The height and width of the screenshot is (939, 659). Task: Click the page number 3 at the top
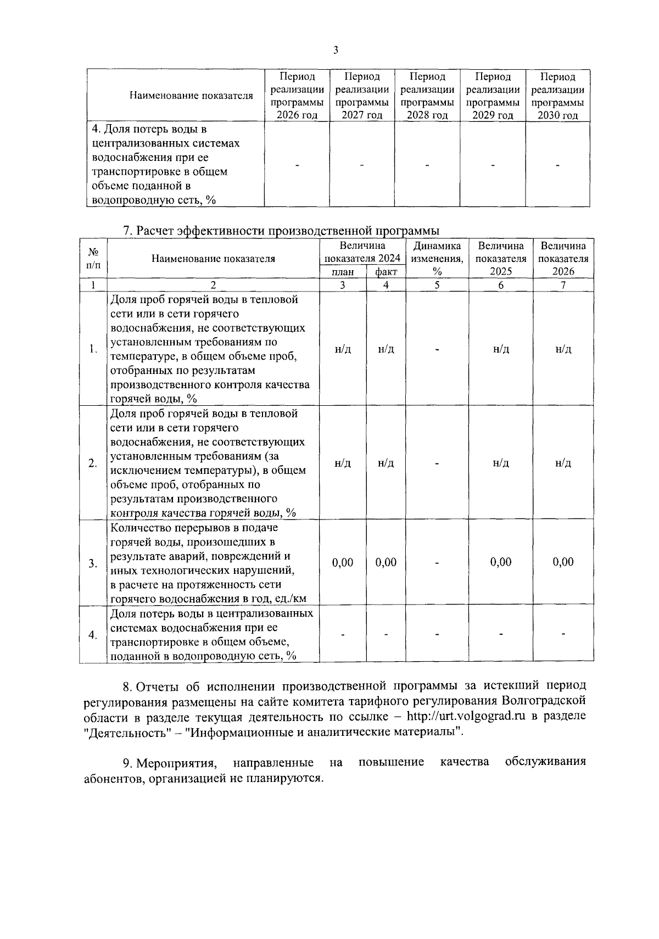click(336, 51)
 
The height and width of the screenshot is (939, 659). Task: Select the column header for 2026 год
click(297, 96)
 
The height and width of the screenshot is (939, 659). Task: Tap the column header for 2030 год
click(557, 96)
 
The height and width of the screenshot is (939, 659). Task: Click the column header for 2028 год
click(427, 96)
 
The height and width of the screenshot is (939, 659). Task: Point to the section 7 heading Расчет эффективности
click(281, 231)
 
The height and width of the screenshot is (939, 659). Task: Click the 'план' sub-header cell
click(343, 272)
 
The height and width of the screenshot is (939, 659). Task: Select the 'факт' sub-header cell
click(386, 272)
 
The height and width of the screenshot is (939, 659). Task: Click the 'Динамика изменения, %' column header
click(437, 259)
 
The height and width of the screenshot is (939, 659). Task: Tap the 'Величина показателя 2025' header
click(500, 259)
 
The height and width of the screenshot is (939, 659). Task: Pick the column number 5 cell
click(437, 285)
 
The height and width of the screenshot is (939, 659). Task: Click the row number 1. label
click(93, 349)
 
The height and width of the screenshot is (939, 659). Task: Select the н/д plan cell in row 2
click(343, 463)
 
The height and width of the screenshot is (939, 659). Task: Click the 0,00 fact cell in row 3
click(386, 562)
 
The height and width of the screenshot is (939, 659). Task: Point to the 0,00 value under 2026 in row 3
click(563, 562)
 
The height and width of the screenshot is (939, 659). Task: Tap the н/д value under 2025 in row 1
click(500, 349)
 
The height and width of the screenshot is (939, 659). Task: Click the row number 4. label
click(93, 635)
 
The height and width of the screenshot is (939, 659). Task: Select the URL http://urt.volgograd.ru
click(463, 717)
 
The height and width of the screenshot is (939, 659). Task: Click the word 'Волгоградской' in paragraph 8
click(543, 701)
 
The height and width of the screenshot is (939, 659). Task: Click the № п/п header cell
click(93, 259)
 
